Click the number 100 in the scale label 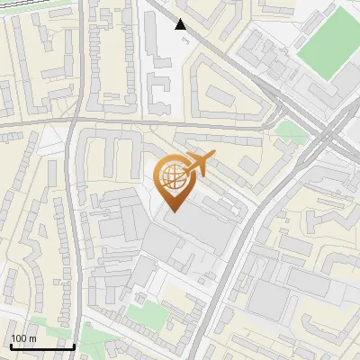point(20,338)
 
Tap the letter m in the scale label point(33,338)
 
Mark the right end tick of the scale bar point(74,346)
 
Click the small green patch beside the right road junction point(290,131)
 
